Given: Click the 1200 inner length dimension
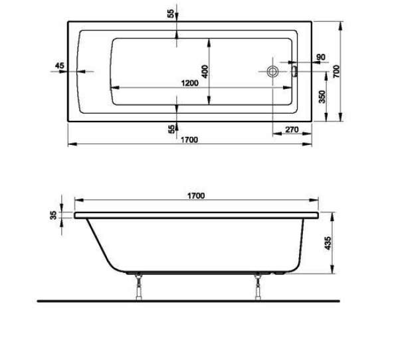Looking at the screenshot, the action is point(190,83).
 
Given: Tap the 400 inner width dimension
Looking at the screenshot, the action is point(205,72).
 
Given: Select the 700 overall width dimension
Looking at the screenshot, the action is point(336,72).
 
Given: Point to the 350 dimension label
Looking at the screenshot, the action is point(322,96).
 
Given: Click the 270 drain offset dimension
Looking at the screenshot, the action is point(292,130).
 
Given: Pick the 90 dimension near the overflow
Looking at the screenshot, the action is point(321,57).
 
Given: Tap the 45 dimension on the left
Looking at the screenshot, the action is point(60,66).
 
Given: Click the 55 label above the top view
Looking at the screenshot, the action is point(171,13).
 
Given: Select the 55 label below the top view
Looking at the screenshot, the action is point(171,129).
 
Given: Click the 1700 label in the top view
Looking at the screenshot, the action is point(189,140).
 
